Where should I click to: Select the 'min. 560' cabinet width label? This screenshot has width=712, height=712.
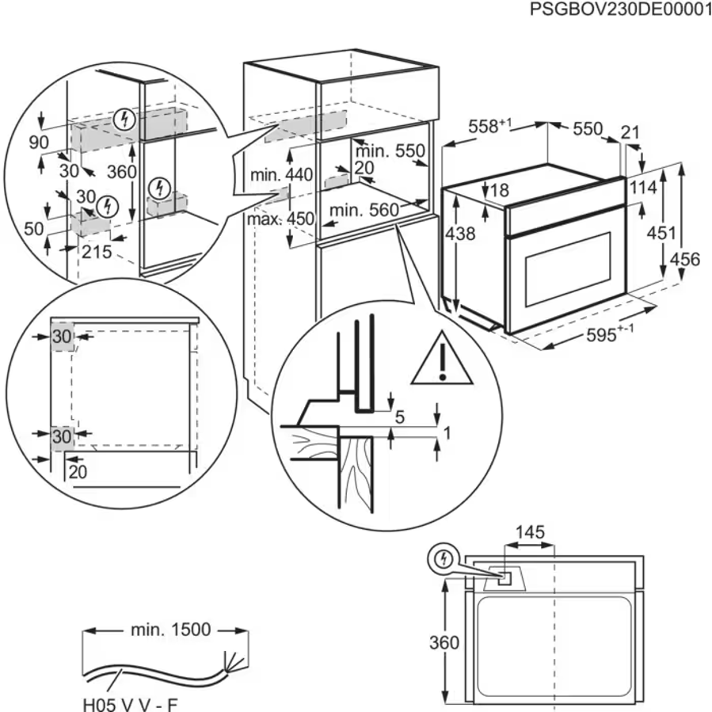[361, 210]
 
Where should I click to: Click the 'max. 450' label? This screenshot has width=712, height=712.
[269, 218]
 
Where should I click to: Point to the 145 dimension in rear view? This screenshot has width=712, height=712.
[529, 532]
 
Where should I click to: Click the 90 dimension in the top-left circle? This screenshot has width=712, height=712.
[36, 142]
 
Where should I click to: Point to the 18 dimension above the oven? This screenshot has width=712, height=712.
[497, 190]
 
